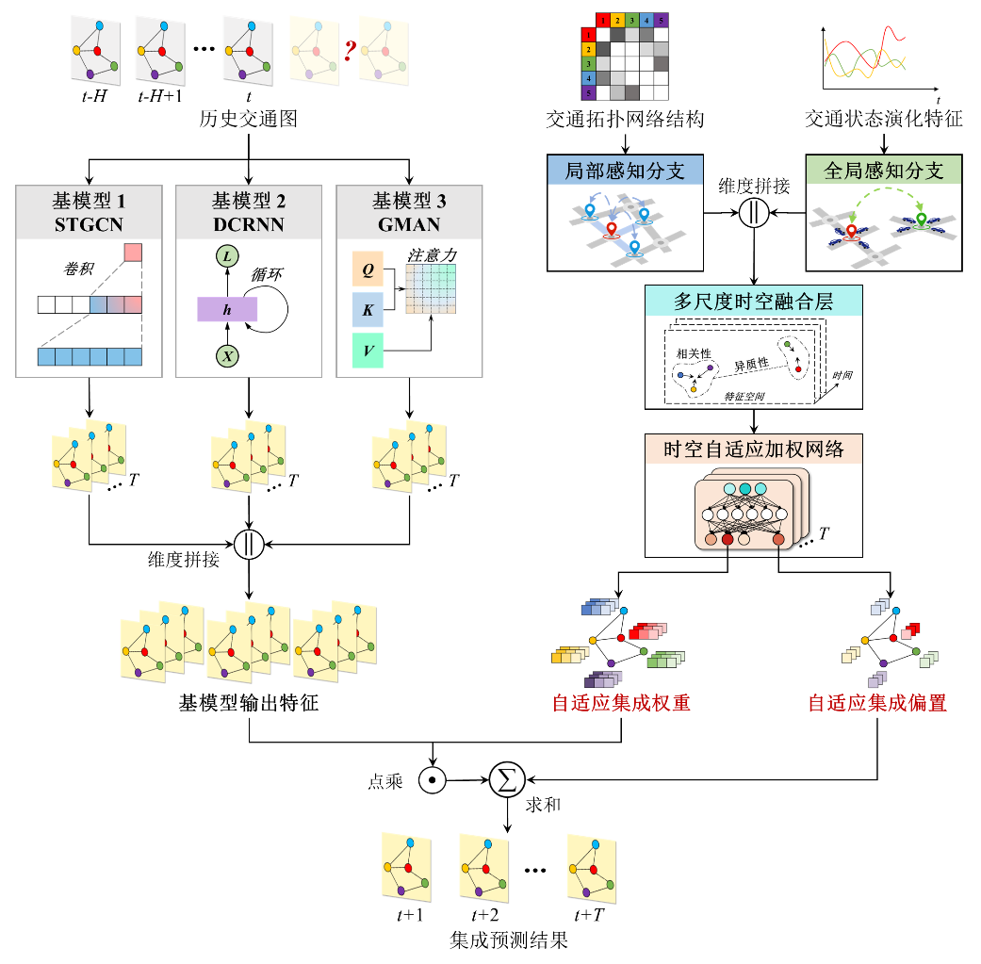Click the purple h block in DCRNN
(227, 310)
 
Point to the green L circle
(228, 256)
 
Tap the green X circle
(228, 356)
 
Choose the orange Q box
(368, 269)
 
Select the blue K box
(368, 308)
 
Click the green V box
(368, 351)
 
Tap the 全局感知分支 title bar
(884, 172)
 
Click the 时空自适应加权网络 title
(753, 449)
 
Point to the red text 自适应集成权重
(621, 703)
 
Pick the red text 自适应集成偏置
(877, 703)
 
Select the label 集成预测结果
(510, 939)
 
